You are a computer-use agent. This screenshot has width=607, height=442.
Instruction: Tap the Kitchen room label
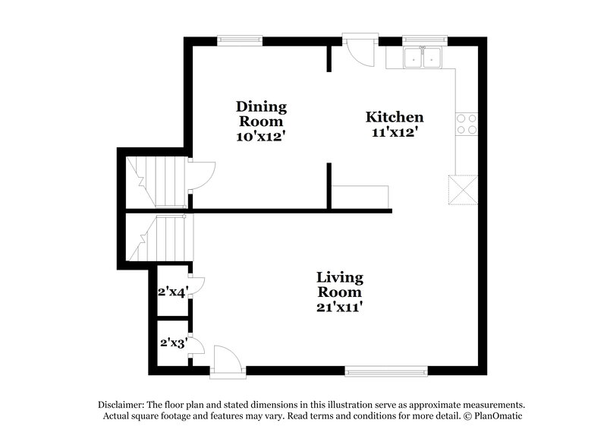pos(395,125)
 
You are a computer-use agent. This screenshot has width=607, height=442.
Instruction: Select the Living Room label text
pos(339,292)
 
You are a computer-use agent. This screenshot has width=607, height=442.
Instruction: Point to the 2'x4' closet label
pos(171,291)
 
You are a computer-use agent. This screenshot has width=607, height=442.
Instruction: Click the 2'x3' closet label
pos(172,343)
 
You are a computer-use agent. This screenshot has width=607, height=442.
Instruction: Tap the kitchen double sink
pos(423,57)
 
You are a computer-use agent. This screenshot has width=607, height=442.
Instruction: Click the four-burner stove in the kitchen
pos(466,124)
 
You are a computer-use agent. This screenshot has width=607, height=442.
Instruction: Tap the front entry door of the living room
pos(227,361)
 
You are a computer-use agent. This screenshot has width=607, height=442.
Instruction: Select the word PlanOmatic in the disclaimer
pos(493,416)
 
